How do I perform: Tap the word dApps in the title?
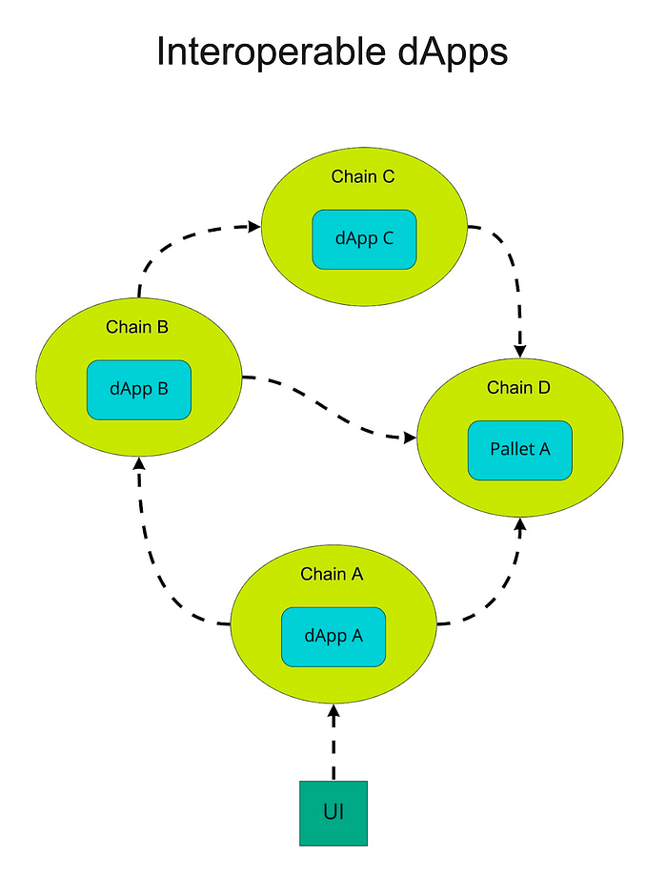click(x=454, y=52)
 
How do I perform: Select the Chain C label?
click(x=363, y=176)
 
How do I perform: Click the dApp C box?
click(x=364, y=239)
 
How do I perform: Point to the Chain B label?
click(x=137, y=327)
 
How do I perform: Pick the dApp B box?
click(x=139, y=390)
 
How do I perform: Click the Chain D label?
click(x=518, y=387)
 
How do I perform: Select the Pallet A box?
click(x=520, y=450)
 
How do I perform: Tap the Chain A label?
click(x=332, y=574)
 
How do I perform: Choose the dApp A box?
click(x=333, y=637)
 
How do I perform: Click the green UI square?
click(x=333, y=813)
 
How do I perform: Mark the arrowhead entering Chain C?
click(x=254, y=227)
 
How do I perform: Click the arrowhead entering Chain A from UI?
click(x=333, y=711)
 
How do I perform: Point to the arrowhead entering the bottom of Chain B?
click(x=140, y=463)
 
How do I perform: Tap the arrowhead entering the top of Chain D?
click(x=520, y=351)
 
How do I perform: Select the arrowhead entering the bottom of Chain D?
click(x=520, y=525)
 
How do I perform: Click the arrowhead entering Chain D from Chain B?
click(x=410, y=438)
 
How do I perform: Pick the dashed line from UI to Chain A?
click(x=333, y=743)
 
